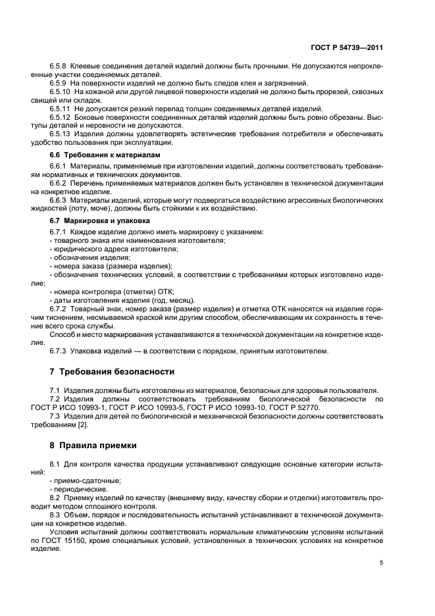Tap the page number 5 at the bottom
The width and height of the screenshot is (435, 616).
tap(381, 563)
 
